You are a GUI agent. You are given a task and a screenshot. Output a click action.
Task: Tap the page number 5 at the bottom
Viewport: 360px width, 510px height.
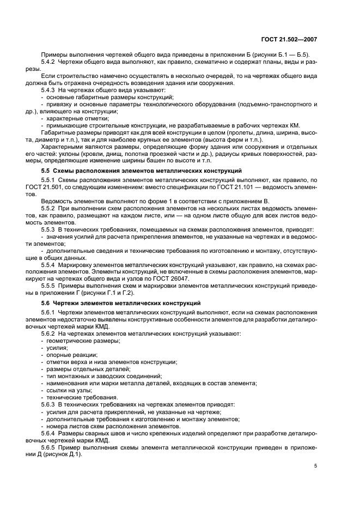(316, 466)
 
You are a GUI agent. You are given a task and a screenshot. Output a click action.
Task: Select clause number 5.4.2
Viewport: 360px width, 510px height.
(50, 61)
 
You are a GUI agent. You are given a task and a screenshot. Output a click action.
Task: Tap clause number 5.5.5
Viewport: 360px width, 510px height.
(50, 284)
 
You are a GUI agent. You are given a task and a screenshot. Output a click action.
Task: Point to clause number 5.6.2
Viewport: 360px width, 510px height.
(50, 333)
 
